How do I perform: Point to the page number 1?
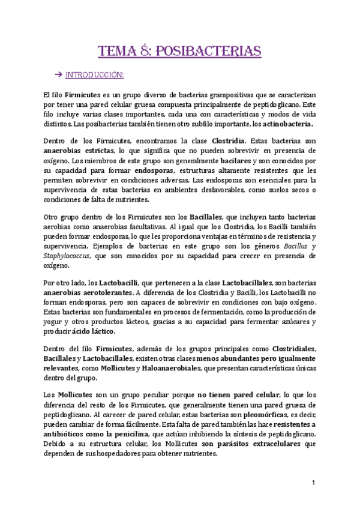(x=313, y=483)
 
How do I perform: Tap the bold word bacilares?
(x=237, y=161)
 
